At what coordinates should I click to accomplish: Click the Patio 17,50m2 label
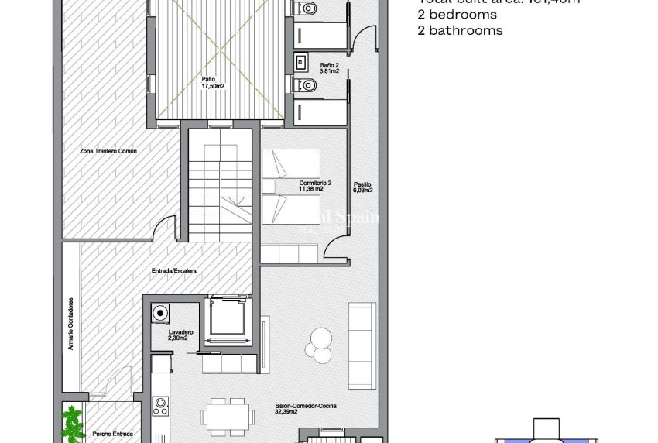tap(207, 82)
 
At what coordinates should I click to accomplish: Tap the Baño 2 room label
tap(331, 68)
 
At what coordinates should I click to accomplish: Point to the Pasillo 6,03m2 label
tap(362, 187)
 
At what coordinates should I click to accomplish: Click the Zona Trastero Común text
tap(108, 151)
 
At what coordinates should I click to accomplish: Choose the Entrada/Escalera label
tap(174, 271)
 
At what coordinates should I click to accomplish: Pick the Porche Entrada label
tap(105, 434)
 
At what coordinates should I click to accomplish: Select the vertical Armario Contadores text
tap(70, 325)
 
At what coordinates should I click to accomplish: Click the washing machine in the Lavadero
tap(160, 313)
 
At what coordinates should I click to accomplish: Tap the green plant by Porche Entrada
tap(74, 424)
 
